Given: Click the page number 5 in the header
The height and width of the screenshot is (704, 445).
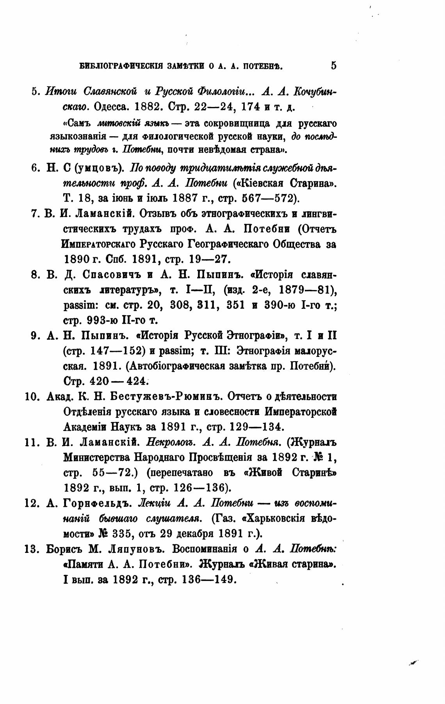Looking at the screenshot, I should pyautogui.click(x=333, y=65).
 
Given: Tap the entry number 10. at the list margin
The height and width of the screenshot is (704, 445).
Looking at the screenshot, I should pyautogui.click(x=32, y=397).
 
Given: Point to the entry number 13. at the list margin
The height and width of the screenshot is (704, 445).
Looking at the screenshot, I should pyautogui.click(x=32, y=549).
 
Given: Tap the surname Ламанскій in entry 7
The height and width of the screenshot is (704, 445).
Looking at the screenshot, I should pyautogui.click(x=102, y=214).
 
